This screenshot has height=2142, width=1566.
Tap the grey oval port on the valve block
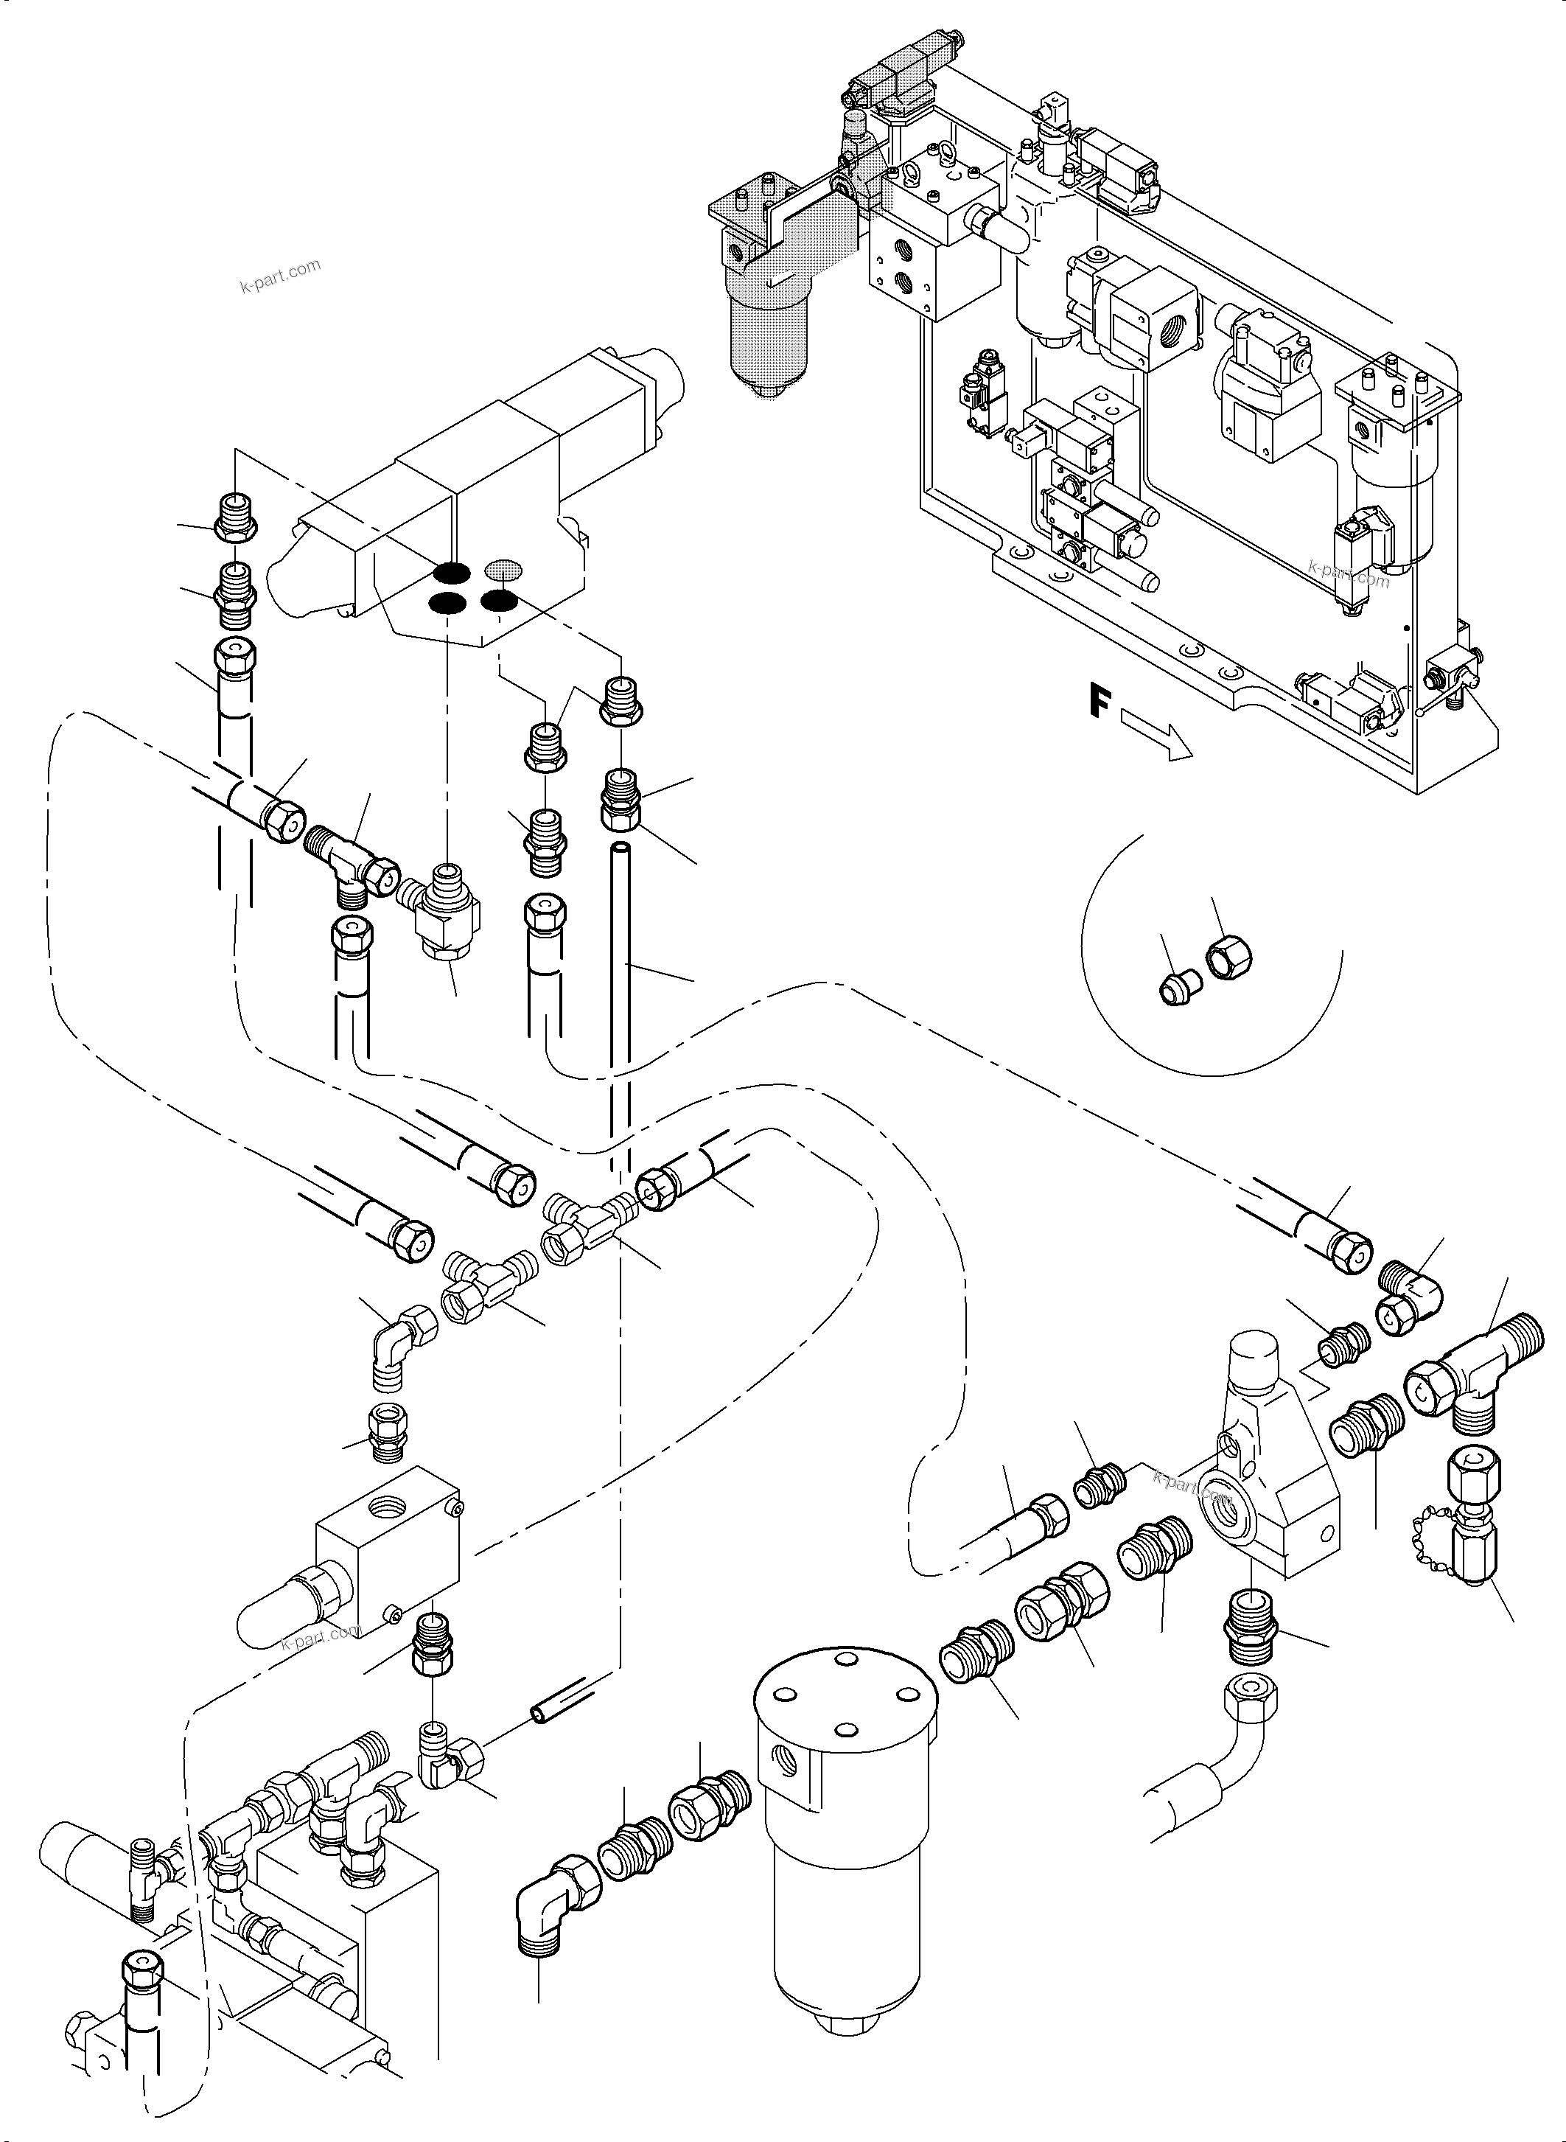coord(504,569)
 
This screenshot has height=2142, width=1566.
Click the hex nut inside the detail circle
coord(1229,961)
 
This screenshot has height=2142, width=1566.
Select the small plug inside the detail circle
coord(1175,990)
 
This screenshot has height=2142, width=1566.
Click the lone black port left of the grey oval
coord(451,572)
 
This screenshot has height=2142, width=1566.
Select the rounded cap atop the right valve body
coord(1254,1361)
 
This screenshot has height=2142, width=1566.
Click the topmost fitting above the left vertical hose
coord(235,517)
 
